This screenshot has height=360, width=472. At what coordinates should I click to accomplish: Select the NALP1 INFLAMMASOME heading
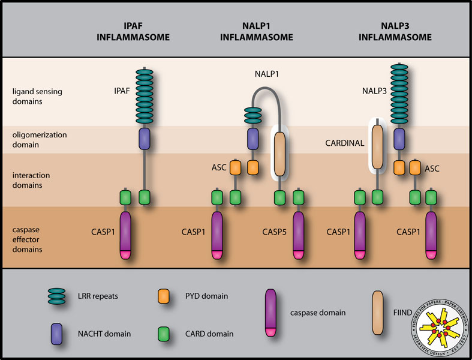[x=257, y=32]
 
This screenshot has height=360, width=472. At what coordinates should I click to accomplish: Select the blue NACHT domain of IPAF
[x=144, y=139]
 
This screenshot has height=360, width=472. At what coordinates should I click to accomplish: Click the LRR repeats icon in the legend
[x=60, y=296]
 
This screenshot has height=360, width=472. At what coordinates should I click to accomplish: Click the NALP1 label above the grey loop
[x=264, y=77]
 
